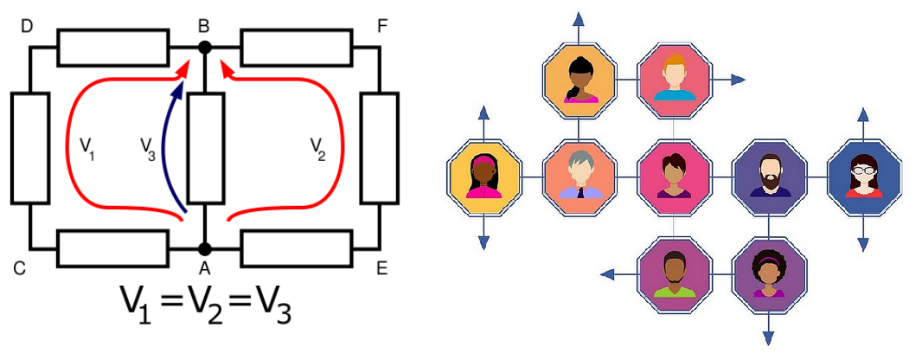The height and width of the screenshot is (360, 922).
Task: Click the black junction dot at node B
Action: [x=204, y=47]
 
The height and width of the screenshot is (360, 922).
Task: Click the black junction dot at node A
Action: [x=204, y=249]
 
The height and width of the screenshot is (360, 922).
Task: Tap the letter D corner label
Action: [x=26, y=27]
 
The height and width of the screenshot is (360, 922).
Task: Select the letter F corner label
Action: [x=381, y=27]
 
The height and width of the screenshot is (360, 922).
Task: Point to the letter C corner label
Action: [x=19, y=269]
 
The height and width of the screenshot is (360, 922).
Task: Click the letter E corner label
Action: [x=381, y=269]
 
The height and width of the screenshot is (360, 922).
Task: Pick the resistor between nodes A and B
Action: [x=205, y=148]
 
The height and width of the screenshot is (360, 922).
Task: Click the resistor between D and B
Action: [x=113, y=47]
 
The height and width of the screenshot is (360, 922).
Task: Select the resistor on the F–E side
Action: [x=380, y=148]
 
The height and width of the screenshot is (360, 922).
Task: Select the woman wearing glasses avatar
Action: [x=863, y=177]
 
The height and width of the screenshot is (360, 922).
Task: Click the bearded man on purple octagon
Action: [x=769, y=177]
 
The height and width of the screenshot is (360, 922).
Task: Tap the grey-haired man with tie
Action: [x=579, y=177]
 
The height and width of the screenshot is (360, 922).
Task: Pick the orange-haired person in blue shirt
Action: [x=675, y=80]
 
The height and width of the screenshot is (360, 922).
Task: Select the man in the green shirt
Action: [x=675, y=274]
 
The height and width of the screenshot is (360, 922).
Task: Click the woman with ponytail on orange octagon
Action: [x=579, y=80]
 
